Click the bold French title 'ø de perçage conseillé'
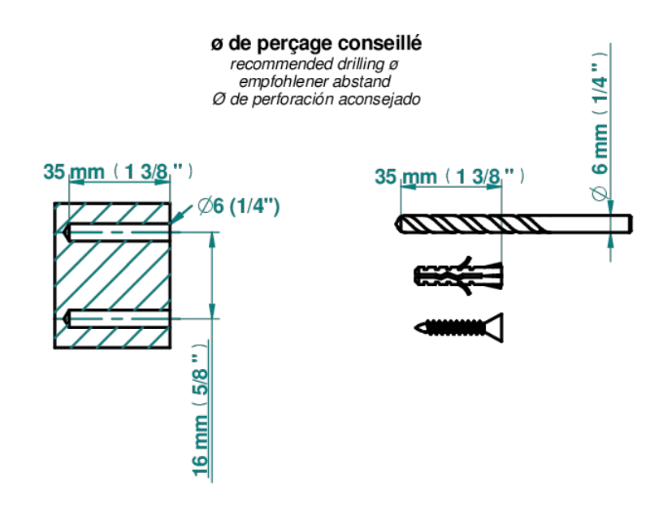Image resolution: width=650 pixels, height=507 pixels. coord(317,44)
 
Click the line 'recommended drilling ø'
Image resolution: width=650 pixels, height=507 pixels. coord(314,64)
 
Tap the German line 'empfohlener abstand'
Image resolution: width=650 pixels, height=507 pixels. coord(314,81)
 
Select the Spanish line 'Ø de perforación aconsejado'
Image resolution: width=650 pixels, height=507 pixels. coord(316,99)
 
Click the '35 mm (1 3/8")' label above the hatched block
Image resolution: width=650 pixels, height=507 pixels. coord(118,171)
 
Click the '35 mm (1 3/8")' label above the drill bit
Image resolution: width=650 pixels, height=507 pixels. coord(450,176)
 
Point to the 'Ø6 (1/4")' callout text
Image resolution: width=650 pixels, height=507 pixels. coord(238,206)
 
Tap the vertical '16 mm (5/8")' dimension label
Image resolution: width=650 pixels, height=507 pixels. coord(200,410)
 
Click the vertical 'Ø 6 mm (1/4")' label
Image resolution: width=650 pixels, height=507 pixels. coord(600,127)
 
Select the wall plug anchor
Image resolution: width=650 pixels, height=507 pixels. coord(458,275)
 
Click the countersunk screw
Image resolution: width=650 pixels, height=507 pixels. coord(459,328)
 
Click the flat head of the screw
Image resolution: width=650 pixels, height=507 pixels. coord(495,328)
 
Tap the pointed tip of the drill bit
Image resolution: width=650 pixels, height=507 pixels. coord(396,224)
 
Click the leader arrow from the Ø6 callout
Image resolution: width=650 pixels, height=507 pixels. coord(181,214)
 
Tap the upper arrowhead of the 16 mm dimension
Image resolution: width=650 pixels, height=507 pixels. coord(212,240)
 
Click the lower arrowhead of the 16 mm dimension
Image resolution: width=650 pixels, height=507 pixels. coord(212,311)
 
